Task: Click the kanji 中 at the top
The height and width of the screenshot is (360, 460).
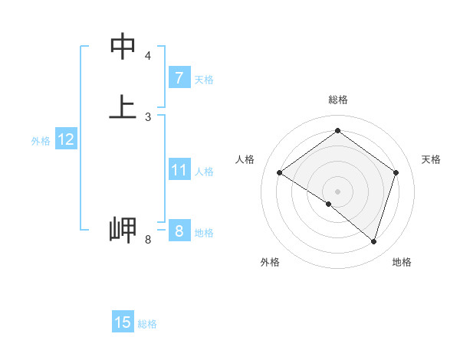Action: click(x=123, y=47)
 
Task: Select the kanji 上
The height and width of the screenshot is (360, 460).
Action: click(x=123, y=106)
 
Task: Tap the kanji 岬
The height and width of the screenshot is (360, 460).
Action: click(x=123, y=230)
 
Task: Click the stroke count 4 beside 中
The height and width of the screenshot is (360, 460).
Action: click(x=148, y=56)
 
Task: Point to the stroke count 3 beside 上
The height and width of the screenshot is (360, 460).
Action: click(x=148, y=116)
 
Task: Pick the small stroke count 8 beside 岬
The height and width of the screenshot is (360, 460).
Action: click(x=148, y=241)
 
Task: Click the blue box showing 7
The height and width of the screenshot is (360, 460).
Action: click(x=179, y=78)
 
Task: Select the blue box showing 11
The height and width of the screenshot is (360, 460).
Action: click(x=179, y=170)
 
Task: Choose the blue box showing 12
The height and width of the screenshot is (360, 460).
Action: click(x=66, y=139)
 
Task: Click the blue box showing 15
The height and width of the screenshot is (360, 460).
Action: click(x=123, y=322)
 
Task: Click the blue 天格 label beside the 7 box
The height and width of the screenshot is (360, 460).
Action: click(x=204, y=80)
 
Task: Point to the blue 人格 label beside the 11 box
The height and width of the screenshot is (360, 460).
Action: click(x=205, y=172)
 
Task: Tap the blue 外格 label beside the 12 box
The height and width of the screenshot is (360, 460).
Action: click(x=41, y=141)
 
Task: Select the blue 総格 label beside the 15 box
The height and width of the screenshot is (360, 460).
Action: click(x=147, y=324)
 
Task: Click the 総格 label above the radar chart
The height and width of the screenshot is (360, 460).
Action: click(x=337, y=100)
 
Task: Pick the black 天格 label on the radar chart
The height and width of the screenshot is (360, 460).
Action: click(x=431, y=159)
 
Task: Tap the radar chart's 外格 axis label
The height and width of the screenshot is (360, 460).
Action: click(x=270, y=262)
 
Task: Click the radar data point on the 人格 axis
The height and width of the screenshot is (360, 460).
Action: click(x=279, y=173)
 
